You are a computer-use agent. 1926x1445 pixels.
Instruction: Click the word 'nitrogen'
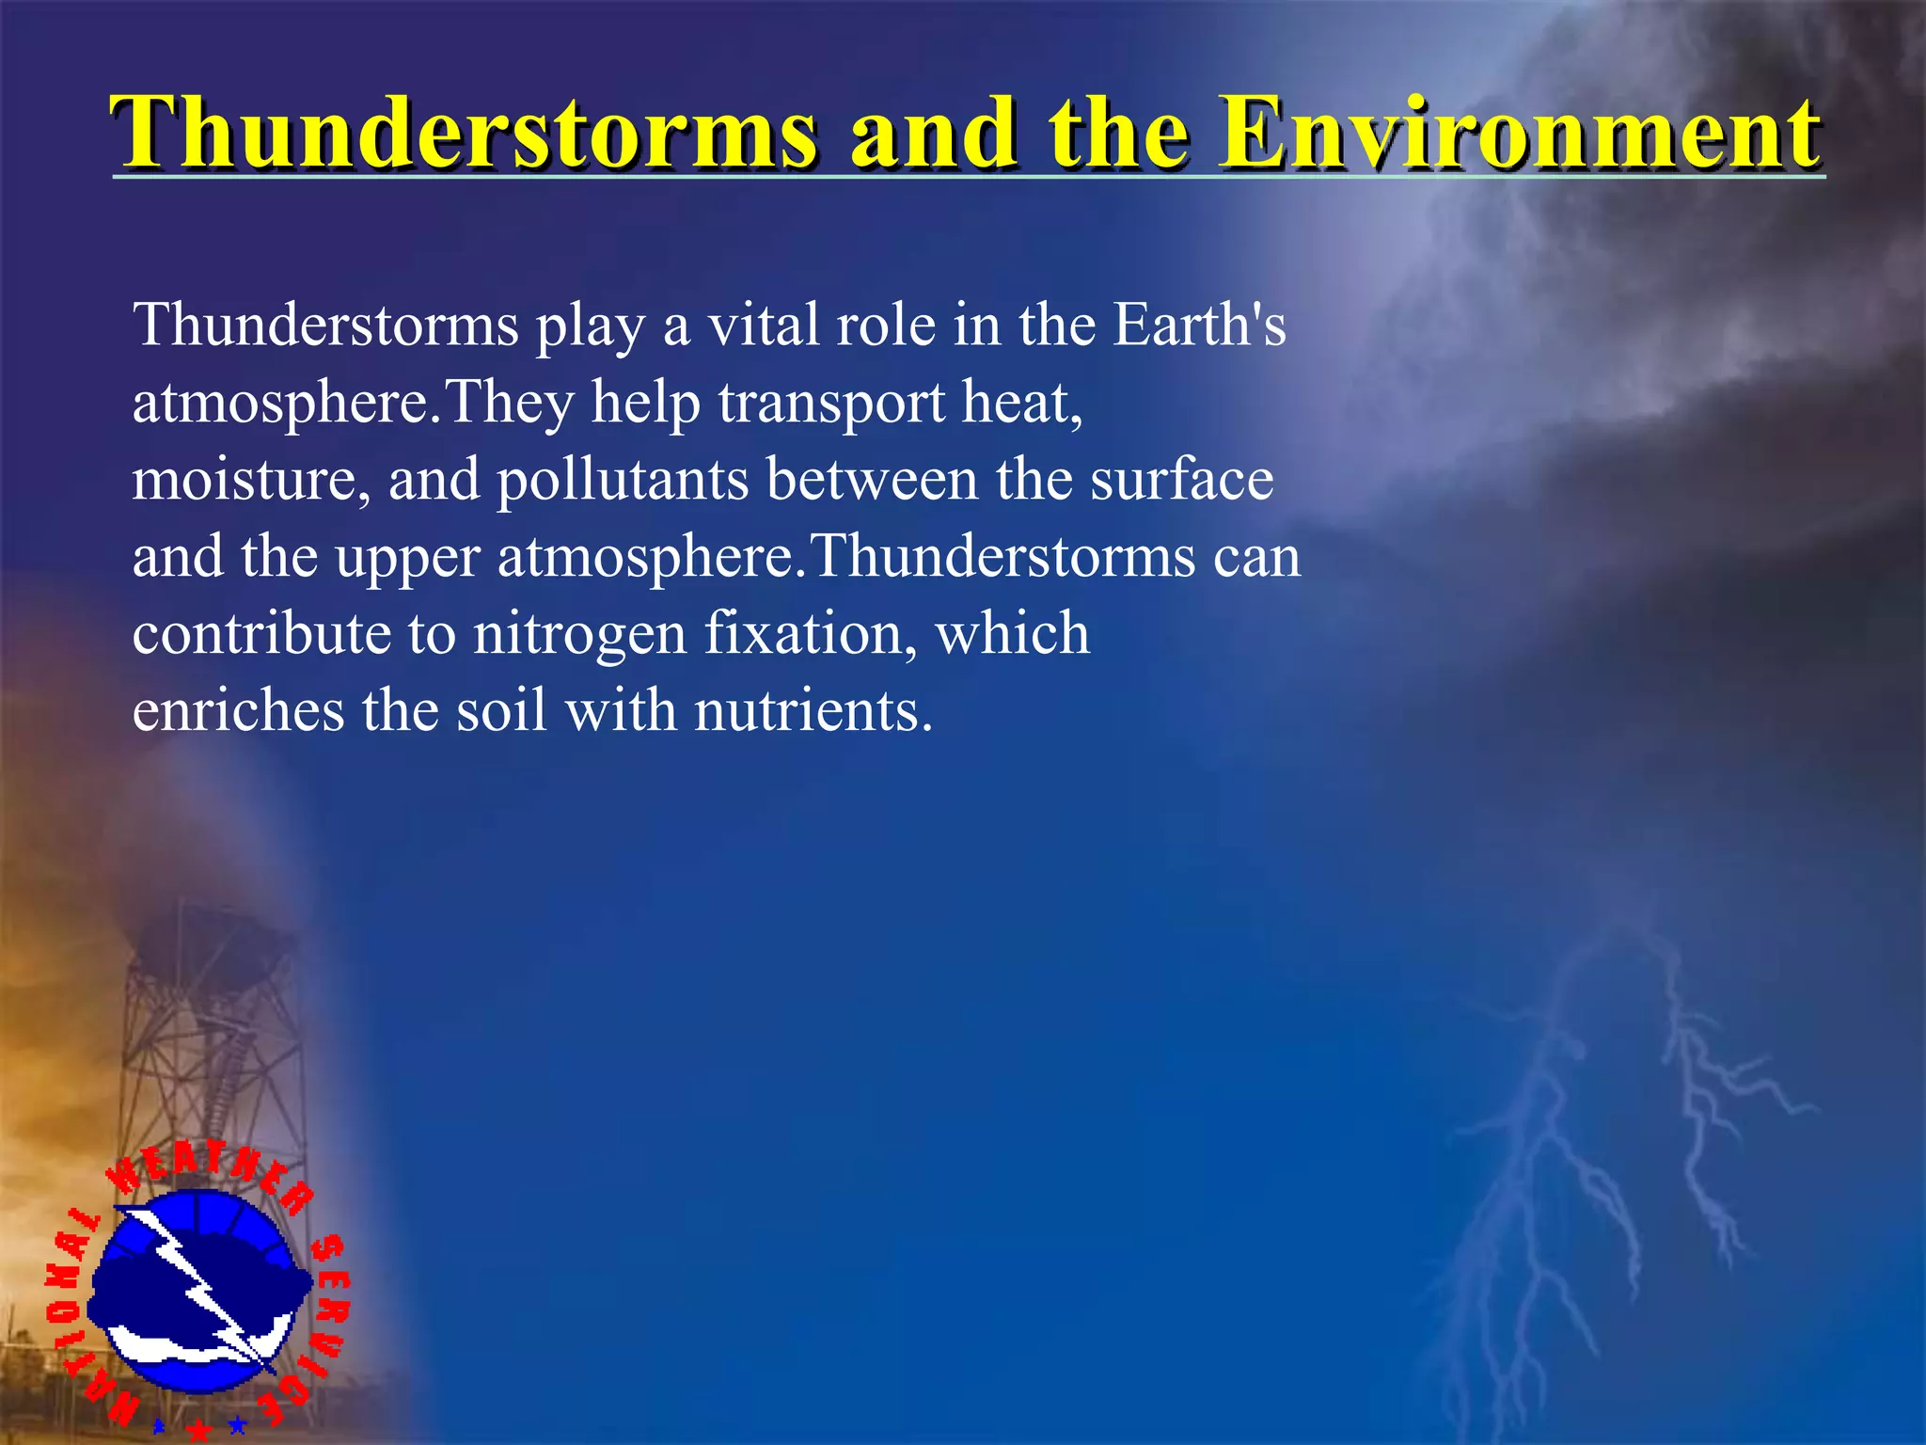pos(579,633)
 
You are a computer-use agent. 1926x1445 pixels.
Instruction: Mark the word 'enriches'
pos(238,710)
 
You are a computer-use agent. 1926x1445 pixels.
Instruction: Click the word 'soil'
pos(501,710)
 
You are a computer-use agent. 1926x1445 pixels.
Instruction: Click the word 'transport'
pos(831,405)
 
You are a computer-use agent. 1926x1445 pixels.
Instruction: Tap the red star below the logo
pos(198,1430)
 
